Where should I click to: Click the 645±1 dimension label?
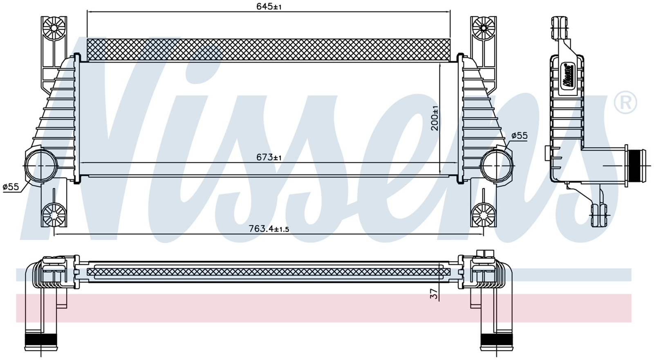tap(269, 7)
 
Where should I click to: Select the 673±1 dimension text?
tap(269, 158)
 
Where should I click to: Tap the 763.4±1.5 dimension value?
tap(269, 228)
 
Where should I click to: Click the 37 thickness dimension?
tap(434, 294)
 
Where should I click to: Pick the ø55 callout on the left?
tap(11, 187)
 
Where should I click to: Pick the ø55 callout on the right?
tap(520, 136)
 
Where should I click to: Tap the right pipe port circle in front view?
tap(497, 165)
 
